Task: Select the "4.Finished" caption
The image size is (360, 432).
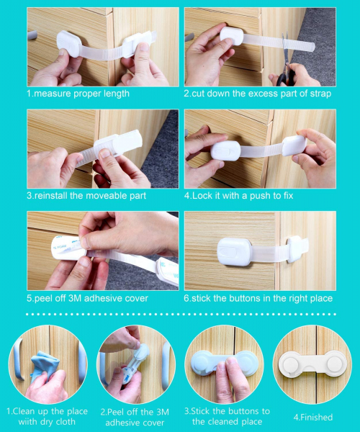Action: click(x=313, y=417)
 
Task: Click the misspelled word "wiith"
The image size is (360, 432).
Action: click(x=28, y=422)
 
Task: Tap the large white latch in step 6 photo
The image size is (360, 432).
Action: click(x=235, y=252)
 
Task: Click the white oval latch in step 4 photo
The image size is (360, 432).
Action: click(x=225, y=150)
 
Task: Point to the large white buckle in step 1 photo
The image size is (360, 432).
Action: click(x=69, y=43)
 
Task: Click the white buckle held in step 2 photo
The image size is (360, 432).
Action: click(x=232, y=35)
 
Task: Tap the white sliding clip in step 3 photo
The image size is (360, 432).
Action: click(x=118, y=144)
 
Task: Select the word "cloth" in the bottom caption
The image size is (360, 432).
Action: click(x=66, y=422)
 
